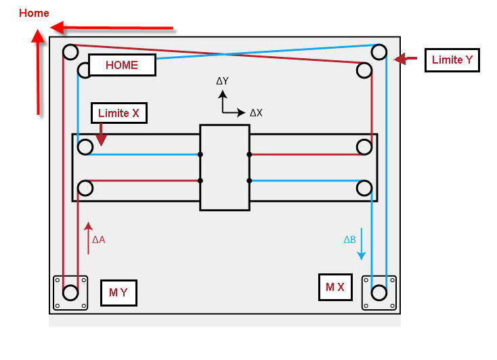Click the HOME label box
[122, 65]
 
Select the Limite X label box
[119, 113]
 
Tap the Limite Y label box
[452, 60]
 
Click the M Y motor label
[118, 292]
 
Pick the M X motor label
[335, 287]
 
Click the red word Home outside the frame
[34, 14]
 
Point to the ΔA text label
[99, 240]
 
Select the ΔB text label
[349, 240]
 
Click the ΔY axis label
[222, 81]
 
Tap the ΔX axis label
[256, 113]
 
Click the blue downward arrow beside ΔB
[362, 244]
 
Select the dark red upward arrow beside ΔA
[89, 238]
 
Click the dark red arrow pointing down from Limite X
[101, 135]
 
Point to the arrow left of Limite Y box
[405, 59]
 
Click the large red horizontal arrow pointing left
[112, 28]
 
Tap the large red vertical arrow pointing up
[38, 72]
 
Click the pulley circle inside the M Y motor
[70, 292]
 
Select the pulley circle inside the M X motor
[379, 292]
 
